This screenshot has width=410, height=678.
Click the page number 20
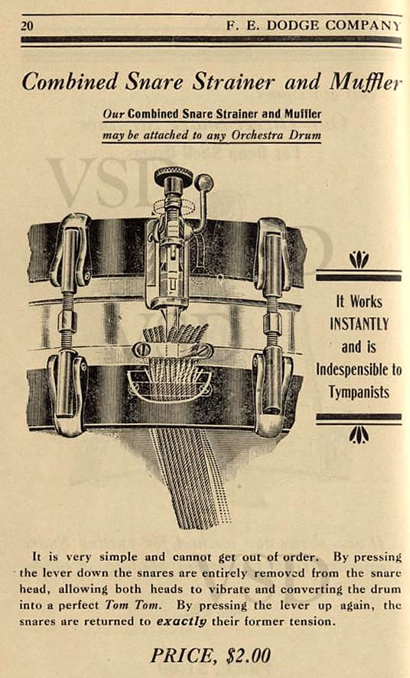27,25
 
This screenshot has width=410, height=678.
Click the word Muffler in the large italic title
366,82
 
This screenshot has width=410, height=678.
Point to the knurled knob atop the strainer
174,175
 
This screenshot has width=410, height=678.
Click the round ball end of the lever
203,182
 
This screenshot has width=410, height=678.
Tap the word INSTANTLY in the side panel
359,324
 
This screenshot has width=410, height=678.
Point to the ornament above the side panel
359,259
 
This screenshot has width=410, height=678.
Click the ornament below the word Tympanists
359,435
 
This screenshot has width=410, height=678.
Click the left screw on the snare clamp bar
141,350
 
